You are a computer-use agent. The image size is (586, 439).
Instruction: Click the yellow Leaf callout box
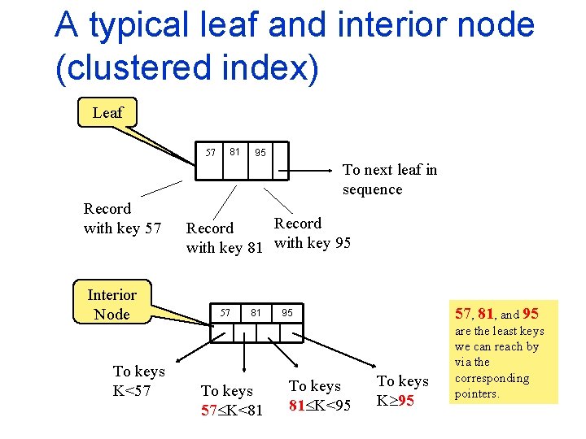(107, 113)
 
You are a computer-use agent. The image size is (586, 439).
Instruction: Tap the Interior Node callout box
(112, 304)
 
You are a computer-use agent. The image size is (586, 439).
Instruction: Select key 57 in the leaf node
(210, 152)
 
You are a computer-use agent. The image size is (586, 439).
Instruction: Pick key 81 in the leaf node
(234, 151)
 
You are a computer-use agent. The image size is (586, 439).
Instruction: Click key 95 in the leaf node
(260, 152)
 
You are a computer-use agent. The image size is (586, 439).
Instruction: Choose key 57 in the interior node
(226, 312)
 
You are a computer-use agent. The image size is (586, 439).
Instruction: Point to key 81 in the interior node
(256, 312)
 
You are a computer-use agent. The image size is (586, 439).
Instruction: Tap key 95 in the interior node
(287, 312)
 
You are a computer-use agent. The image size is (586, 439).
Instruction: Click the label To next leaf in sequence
(389, 180)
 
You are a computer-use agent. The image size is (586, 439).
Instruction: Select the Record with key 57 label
(122, 219)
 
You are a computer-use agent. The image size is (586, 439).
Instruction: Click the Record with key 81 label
(224, 238)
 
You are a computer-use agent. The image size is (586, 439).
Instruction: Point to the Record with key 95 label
(313, 233)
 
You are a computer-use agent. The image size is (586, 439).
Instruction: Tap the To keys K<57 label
(138, 381)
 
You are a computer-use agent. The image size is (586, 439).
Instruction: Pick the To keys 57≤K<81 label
(232, 401)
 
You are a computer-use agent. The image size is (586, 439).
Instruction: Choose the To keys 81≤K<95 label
(320, 395)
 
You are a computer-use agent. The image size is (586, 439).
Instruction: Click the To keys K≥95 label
(402, 391)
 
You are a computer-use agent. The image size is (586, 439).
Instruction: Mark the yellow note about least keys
(499, 351)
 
